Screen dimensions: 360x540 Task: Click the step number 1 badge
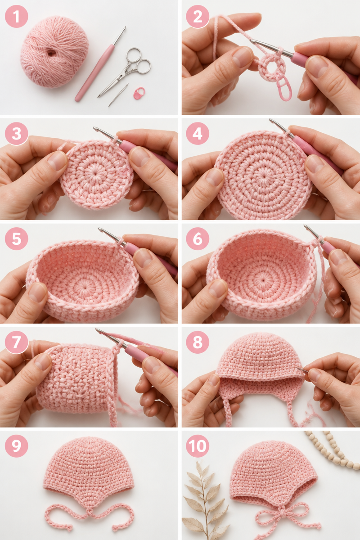coord(16,16)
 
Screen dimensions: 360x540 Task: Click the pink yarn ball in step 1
coord(54,52)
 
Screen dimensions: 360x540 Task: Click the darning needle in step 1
coord(118,95)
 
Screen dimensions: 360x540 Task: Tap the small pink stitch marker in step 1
coord(139,93)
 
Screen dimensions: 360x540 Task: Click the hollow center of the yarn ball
coord(51,53)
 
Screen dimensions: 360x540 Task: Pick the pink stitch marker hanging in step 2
coord(284,89)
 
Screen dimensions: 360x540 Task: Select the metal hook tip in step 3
coord(95,128)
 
